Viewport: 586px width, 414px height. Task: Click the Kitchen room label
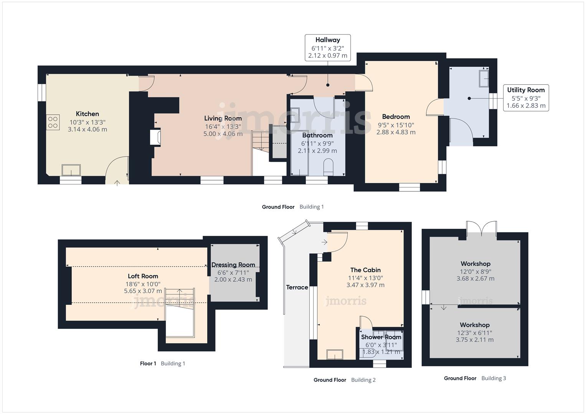tap(87, 114)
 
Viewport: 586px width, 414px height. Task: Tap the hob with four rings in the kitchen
tap(53, 122)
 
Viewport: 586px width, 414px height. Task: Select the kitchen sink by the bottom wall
tap(71, 170)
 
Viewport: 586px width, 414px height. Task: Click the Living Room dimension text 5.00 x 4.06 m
tap(223, 134)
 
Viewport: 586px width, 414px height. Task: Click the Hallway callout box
tap(327, 48)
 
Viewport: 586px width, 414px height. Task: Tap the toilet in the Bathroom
tap(328, 168)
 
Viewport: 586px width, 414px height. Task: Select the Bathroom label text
tap(317, 135)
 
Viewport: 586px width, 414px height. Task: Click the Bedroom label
tap(396, 117)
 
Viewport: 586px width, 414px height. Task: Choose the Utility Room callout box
tap(525, 98)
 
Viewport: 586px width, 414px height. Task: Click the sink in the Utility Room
tap(484, 79)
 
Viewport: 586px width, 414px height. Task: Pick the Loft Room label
tap(143, 276)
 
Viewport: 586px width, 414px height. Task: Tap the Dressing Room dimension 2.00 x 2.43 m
tap(233, 279)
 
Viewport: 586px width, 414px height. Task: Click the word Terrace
tap(297, 287)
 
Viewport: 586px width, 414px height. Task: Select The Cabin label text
tap(365, 270)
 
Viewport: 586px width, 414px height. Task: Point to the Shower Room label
tap(381, 337)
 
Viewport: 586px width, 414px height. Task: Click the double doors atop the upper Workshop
tap(481, 229)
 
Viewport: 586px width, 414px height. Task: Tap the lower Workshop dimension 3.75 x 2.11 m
tap(474, 340)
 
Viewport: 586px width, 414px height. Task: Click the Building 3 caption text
tap(494, 378)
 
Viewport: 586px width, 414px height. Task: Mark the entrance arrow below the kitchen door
tap(117, 182)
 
